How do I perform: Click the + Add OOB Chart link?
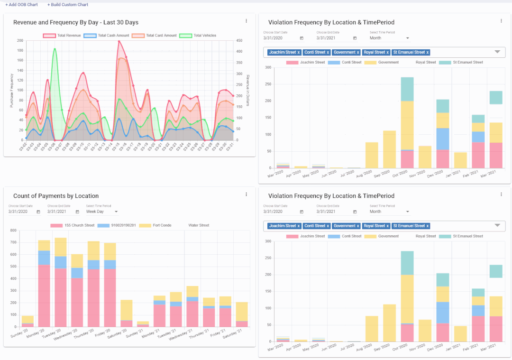(x=21, y=5)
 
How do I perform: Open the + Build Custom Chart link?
(x=68, y=5)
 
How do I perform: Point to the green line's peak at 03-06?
(x=55, y=48)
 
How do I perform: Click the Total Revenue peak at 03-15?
(x=119, y=41)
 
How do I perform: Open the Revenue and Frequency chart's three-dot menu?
(x=246, y=21)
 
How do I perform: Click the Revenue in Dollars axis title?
(x=247, y=90)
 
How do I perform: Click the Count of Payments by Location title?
(x=56, y=196)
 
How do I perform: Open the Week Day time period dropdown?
(x=102, y=212)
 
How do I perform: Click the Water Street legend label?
(x=199, y=225)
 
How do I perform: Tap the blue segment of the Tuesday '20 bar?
(x=61, y=262)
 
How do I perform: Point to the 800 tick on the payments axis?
(x=13, y=231)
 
